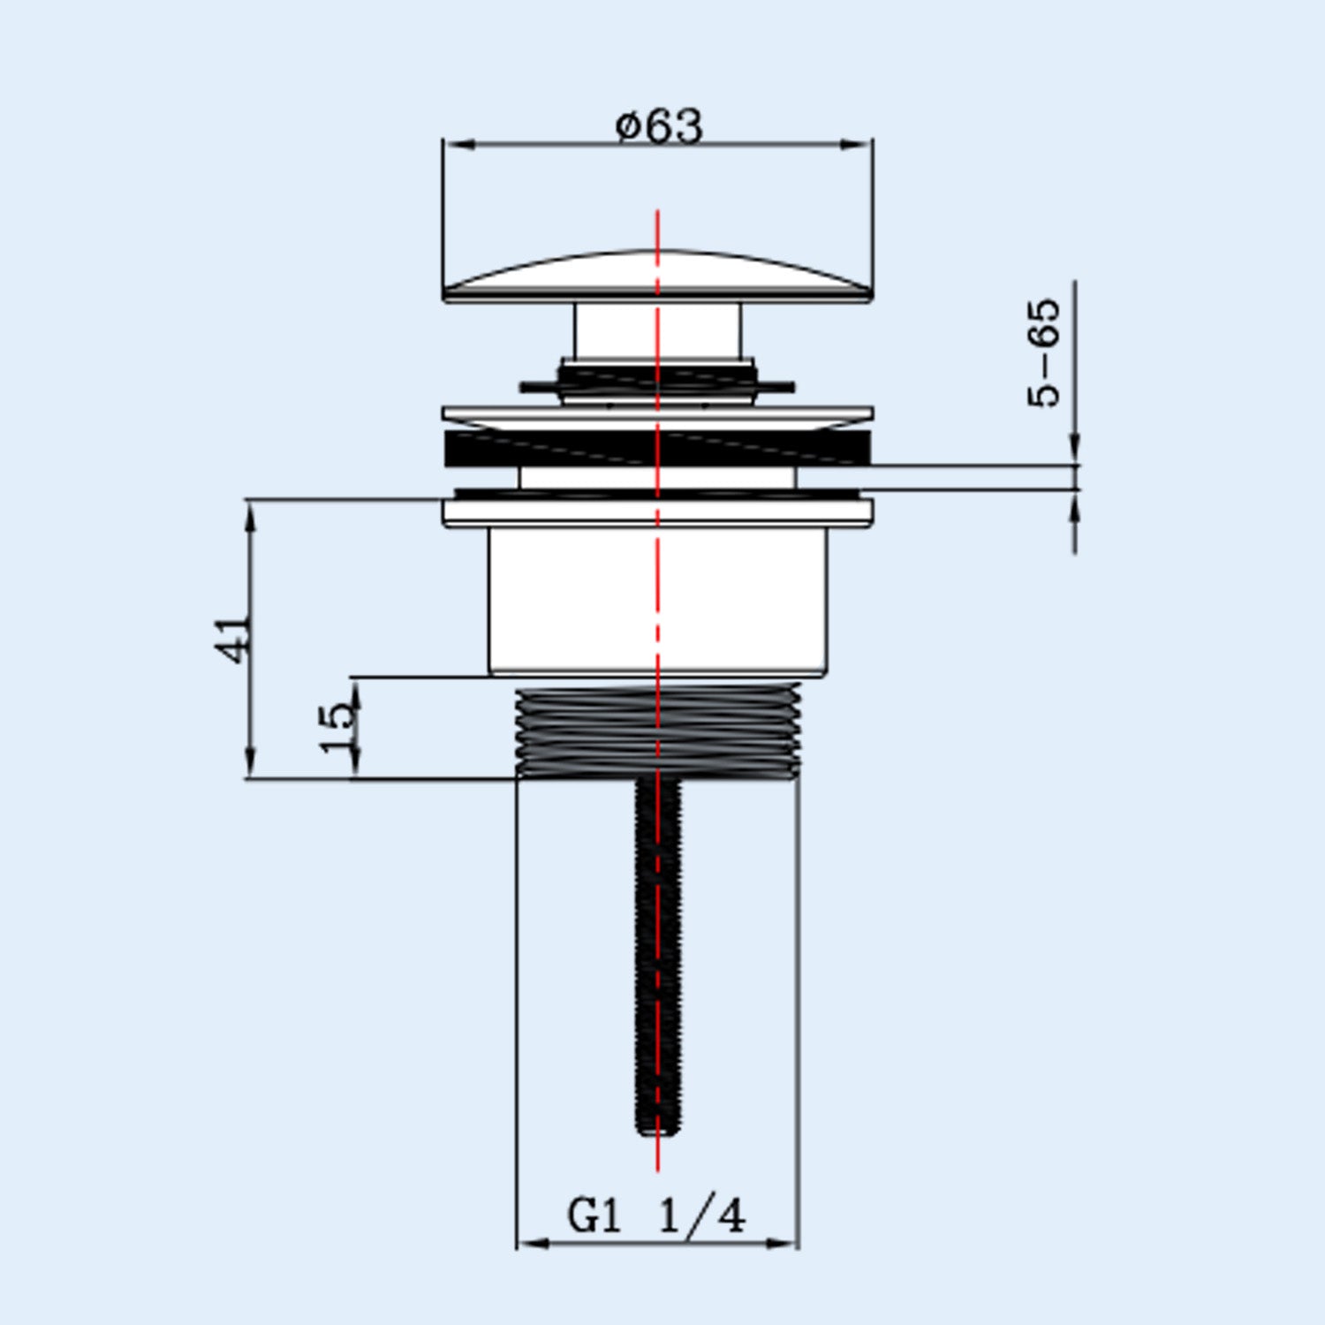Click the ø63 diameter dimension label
pos(659,125)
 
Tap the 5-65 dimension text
pos(1044,353)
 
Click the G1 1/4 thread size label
pos(656,1216)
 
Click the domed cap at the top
pos(657,276)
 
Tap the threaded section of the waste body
pos(657,731)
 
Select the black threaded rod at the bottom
pos(658,954)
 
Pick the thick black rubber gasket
pos(657,449)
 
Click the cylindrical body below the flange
pos(658,601)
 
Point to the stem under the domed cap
pos(657,330)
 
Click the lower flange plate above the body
pos(657,512)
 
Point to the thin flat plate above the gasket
pos(657,413)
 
